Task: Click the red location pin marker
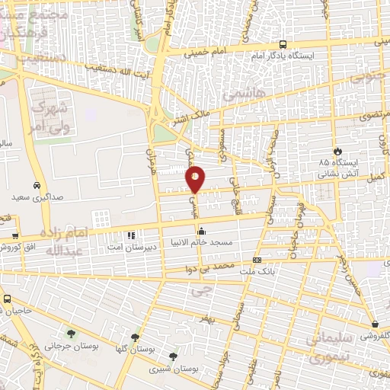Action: (195, 179)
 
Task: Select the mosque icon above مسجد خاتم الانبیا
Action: (201, 232)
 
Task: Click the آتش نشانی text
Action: (335, 174)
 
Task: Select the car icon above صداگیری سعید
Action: (37, 186)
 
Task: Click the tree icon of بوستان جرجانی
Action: (71, 334)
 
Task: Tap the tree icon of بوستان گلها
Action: (136, 337)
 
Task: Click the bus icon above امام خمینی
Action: (283, 44)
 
